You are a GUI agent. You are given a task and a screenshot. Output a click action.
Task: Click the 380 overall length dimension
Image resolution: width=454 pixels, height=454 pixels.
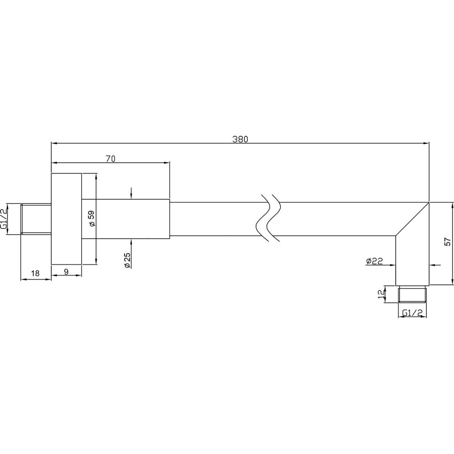(240, 140)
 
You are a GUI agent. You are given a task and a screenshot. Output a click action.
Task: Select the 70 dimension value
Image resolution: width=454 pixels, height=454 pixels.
(110, 159)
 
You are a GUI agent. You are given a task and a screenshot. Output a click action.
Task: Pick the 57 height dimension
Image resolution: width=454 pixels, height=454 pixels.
(447, 242)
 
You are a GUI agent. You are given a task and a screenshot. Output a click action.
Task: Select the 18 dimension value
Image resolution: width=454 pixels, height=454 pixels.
(35, 273)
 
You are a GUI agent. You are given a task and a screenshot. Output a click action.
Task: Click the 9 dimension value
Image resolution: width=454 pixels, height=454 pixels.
(66, 272)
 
